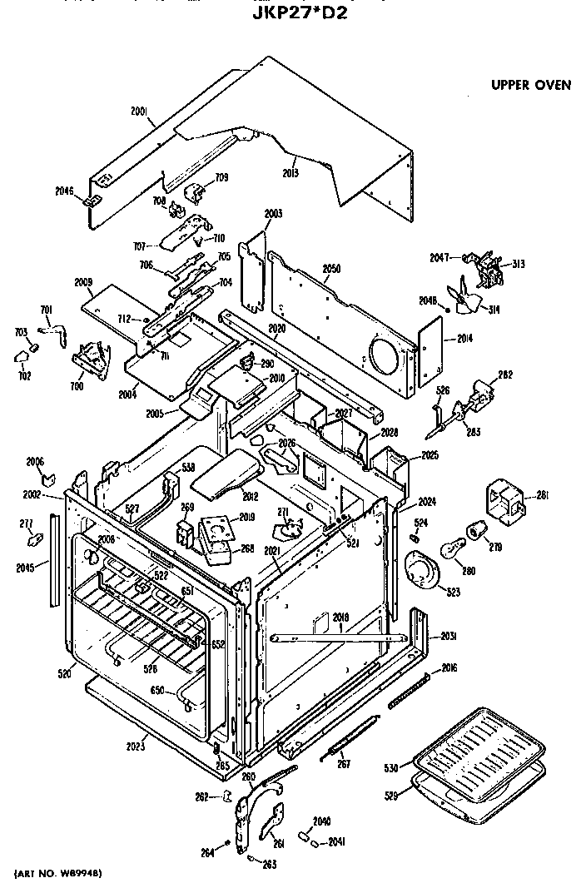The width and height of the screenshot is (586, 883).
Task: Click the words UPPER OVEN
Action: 530,84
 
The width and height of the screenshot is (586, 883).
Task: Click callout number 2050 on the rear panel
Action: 330,269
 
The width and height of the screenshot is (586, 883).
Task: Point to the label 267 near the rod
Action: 344,764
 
